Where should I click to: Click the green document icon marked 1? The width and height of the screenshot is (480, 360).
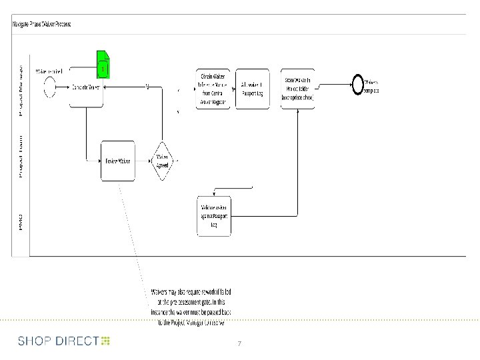pos(103,65)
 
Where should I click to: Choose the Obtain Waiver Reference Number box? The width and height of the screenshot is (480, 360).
pos(213,88)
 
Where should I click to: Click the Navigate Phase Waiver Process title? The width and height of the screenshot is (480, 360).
pos(41,24)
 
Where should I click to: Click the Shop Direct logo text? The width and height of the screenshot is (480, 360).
pos(59,341)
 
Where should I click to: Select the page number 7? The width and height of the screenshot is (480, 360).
pos(239,343)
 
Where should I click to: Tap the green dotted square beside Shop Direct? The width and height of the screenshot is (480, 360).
pos(106,341)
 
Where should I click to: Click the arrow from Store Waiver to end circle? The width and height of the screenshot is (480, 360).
pos(333,85)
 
